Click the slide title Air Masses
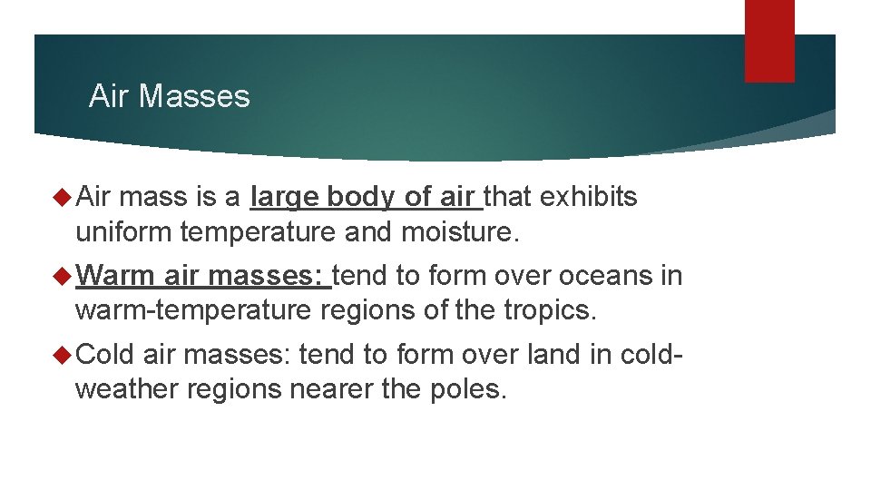(x=169, y=96)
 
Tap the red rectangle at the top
(x=769, y=41)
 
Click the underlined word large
(x=285, y=198)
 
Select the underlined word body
(x=360, y=198)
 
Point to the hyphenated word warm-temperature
(x=193, y=311)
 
